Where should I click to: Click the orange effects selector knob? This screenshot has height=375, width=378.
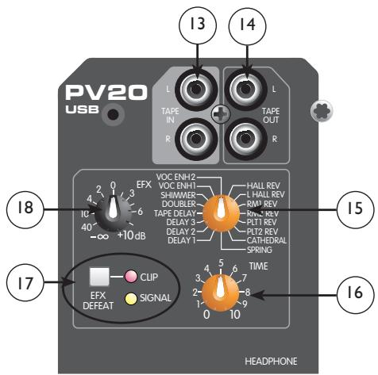click(x=214, y=210)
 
